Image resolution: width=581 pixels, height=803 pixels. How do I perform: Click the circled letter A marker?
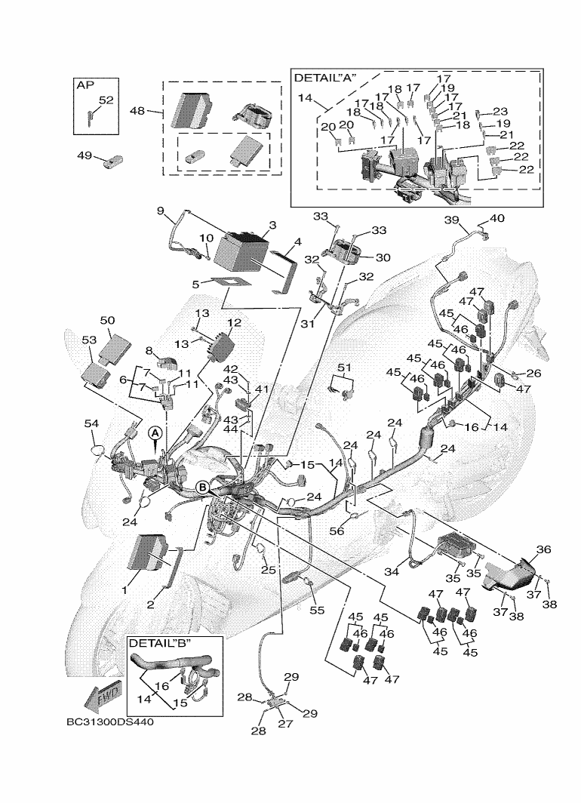coord(155,433)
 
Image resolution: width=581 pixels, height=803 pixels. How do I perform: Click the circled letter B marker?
coord(203,487)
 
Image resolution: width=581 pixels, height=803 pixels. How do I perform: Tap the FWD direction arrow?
coord(103,696)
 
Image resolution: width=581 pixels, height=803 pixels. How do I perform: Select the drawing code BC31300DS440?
coord(109,722)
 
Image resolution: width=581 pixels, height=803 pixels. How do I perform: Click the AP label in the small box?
coord(85,85)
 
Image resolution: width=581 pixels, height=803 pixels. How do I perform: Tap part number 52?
coord(106,100)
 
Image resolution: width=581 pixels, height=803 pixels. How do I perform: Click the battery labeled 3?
coord(241,252)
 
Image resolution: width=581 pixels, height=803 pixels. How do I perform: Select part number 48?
coord(137,110)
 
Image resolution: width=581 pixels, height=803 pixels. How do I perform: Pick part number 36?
coord(543,549)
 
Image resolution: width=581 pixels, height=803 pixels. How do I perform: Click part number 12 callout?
coord(234,323)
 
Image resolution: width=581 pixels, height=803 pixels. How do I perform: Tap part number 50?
coord(107,320)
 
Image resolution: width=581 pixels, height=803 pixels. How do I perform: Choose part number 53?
coord(89,340)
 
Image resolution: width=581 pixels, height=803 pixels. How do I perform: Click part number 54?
coord(91,423)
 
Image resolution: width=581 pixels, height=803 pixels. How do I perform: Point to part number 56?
coord(337,531)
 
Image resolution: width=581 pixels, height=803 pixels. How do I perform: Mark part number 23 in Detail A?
coord(500,111)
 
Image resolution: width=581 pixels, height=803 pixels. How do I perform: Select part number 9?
coord(160,211)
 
